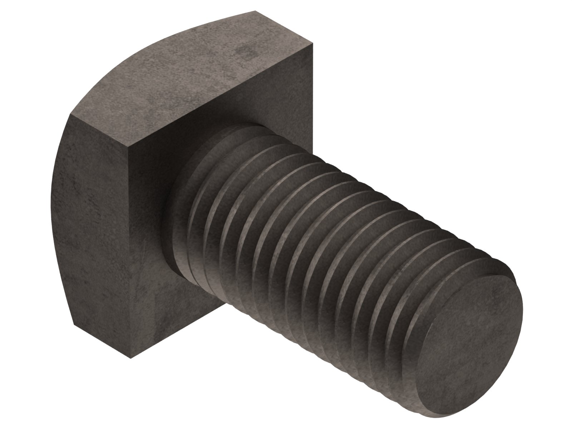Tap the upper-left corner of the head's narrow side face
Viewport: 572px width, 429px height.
tap(71, 115)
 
